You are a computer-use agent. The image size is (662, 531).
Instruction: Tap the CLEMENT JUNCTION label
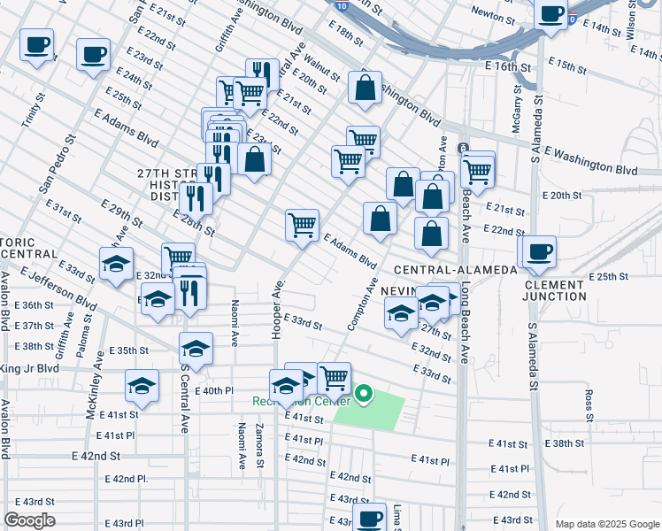point(566,290)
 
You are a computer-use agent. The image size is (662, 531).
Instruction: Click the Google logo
point(29,520)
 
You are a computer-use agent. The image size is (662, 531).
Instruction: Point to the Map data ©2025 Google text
point(607,524)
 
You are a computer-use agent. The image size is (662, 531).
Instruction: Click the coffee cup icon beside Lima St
point(369,517)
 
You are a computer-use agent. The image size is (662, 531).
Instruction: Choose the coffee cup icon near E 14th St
point(550,15)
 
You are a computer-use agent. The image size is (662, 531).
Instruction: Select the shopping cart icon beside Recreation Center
point(335,378)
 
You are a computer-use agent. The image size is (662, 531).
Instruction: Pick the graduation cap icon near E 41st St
point(142,385)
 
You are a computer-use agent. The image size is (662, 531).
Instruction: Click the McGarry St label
point(517,111)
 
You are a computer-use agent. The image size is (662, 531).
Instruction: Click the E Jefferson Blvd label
point(61,289)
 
